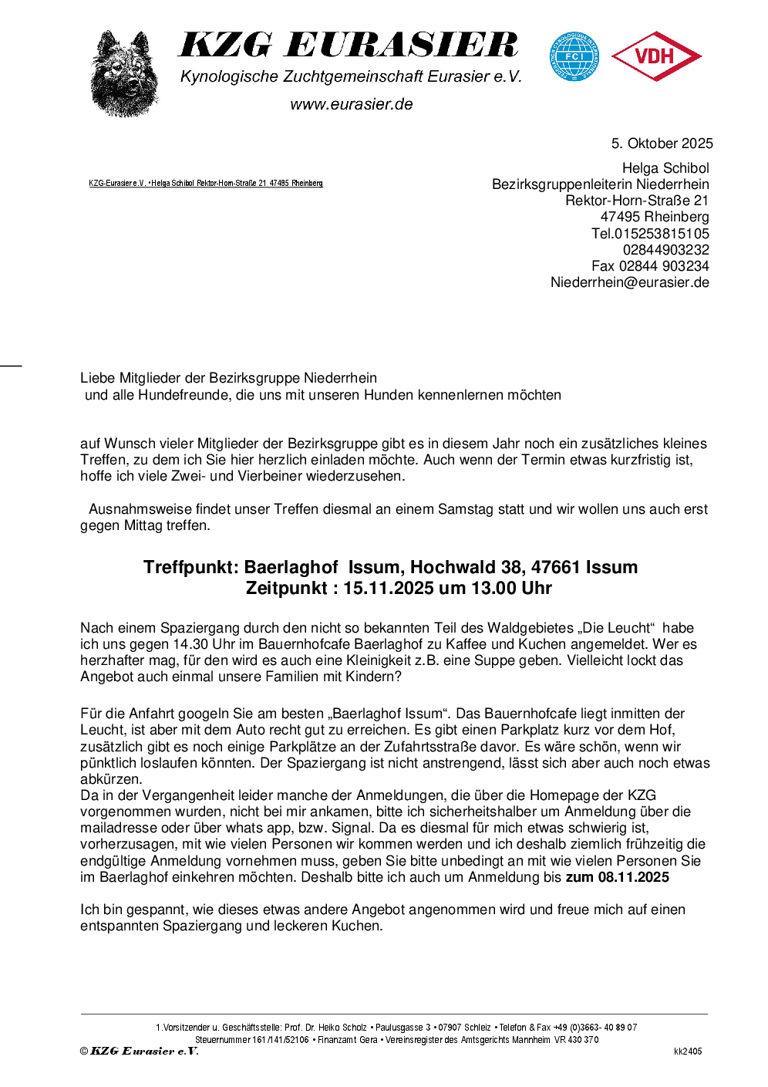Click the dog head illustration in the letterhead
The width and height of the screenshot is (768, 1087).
click(x=124, y=74)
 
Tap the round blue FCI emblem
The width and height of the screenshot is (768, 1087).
click(x=574, y=56)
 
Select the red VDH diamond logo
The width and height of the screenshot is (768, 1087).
click(x=655, y=56)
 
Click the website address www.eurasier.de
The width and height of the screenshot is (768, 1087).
click(x=352, y=104)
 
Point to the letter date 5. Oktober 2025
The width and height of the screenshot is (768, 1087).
click(x=662, y=143)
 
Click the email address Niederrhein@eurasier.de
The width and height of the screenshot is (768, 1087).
click(x=629, y=282)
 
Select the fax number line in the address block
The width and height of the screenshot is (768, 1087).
click(x=650, y=266)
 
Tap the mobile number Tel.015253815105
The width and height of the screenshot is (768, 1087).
click(x=650, y=234)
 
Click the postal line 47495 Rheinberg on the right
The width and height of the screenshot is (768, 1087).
click(x=655, y=217)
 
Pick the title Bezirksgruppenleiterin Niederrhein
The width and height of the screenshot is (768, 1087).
click(x=600, y=184)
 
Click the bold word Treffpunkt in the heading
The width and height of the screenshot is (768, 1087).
click(x=190, y=568)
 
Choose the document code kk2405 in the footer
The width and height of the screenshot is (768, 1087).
click(x=688, y=1052)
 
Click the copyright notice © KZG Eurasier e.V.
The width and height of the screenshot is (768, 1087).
click(x=140, y=1051)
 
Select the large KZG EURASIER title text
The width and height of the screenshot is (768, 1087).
click(x=349, y=46)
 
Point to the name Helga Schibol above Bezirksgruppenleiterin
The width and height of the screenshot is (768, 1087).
click(x=665, y=168)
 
